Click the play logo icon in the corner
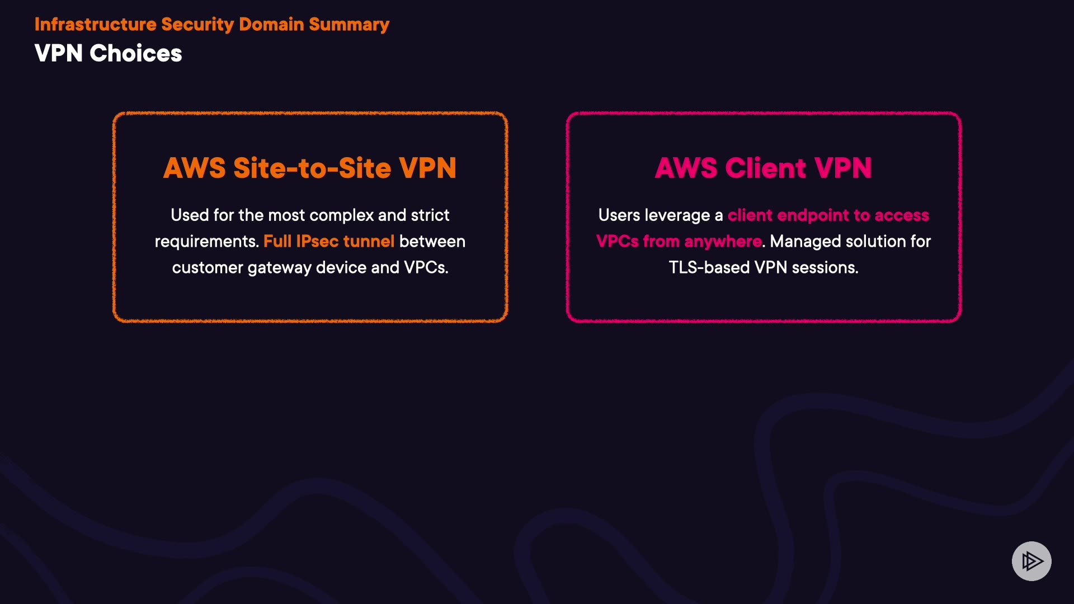click(x=1031, y=561)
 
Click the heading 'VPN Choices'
click(x=108, y=54)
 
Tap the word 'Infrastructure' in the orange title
click(x=95, y=25)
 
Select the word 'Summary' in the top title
click(x=349, y=25)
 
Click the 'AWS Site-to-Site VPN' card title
click(x=310, y=168)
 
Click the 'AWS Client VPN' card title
click(x=763, y=168)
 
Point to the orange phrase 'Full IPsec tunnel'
click(x=329, y=242)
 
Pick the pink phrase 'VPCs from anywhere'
click(x=679, y=242)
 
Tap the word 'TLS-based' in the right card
click(x=709, y=268)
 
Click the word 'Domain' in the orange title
click(x=271, y=25)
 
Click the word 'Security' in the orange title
click(x=197, y=25)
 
